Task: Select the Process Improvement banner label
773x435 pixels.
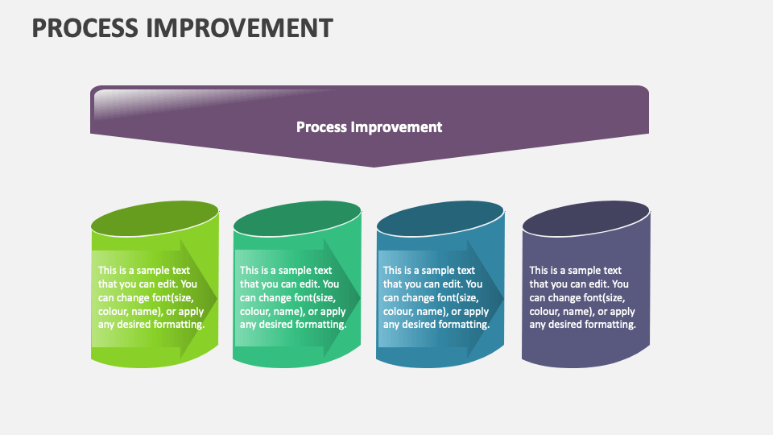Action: (x=369, y=126)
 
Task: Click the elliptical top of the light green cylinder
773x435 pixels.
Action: (x=155, y=218)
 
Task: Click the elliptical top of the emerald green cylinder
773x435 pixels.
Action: (x=297, y=218)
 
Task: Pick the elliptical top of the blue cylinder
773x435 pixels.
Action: (x=440, y=218)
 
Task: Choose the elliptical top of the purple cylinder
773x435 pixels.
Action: (x=585, y=218)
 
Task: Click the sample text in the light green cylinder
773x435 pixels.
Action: (x=151, y=297)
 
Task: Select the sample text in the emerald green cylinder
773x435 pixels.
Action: (x=293, y=297)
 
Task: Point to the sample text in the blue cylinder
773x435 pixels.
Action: (x=436, y=297)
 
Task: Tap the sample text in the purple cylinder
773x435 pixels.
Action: (x=582, y=297)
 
